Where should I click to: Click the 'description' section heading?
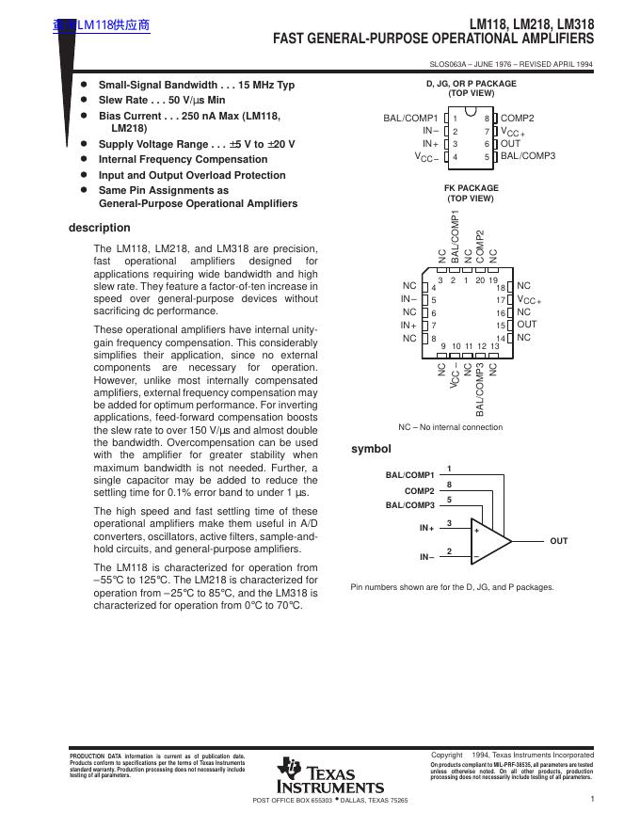(99, 228)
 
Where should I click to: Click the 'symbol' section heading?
(370, 449)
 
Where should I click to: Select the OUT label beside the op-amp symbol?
(559, 541)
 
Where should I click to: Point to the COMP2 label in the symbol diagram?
(419, 491)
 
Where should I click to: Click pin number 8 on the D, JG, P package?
(487, 119)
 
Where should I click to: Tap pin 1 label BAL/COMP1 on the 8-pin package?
(410, 119)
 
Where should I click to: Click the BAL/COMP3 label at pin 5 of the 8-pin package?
(527, 156)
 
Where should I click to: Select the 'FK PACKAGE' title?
(471, 188)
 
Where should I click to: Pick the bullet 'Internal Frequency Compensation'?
(184, 160)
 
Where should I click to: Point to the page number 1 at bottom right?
(593, 799)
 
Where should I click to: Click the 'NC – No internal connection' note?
(450, 427)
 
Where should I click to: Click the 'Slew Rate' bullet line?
(162, 100)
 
